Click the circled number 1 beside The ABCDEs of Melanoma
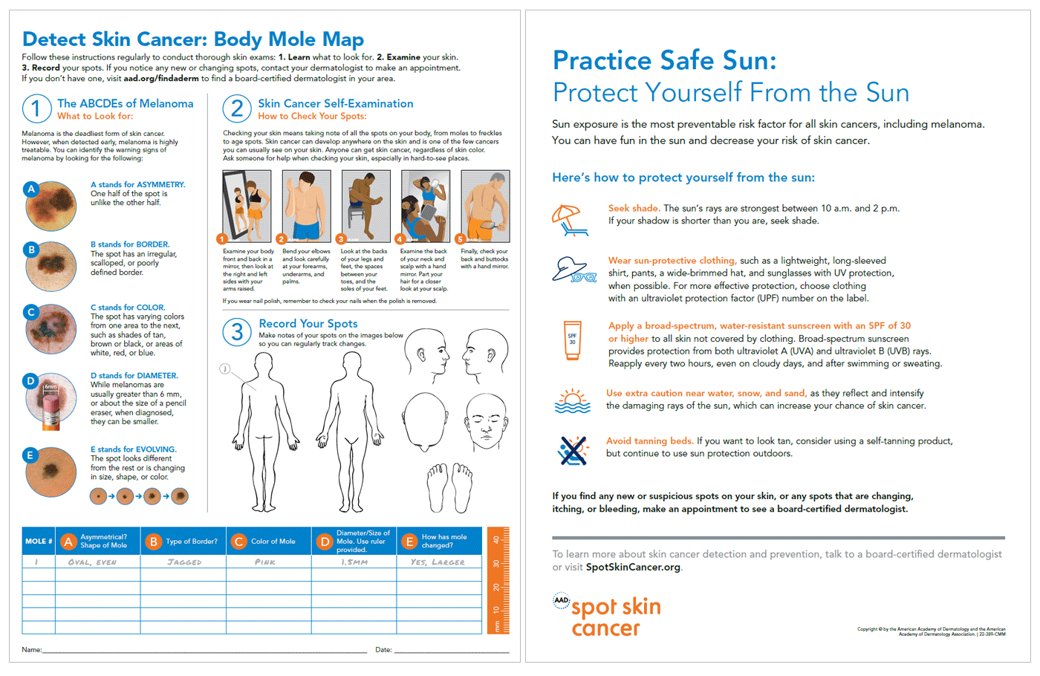36,109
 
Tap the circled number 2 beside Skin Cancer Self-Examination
236,109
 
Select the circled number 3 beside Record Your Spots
236,332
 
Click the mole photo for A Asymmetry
51,205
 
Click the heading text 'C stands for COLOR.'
128,307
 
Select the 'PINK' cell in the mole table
265,562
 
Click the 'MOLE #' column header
39,542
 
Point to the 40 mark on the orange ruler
496,540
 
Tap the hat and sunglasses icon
573,270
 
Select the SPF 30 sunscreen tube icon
572,340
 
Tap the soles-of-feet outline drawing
449,487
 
